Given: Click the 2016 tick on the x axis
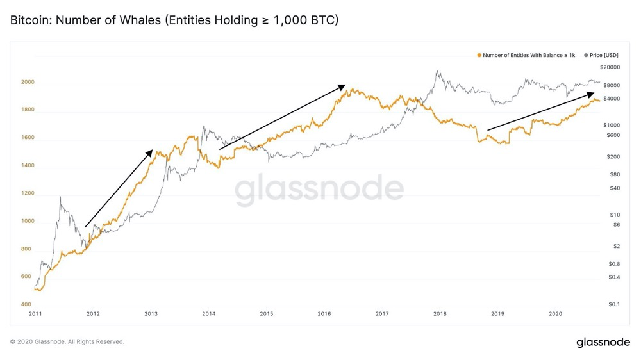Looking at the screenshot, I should click(x=324, y=313).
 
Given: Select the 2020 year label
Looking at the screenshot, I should click(x=556, y=313).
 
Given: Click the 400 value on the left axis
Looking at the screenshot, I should click(x=26, y=304).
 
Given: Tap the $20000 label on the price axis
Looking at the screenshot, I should click(x=610, y=67).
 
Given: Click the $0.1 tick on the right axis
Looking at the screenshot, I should click(x=614, y=304).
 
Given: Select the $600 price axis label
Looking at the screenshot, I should click(x=613, y=135).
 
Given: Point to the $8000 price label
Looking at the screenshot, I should click(x=612, y=85).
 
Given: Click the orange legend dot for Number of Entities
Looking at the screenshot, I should click(x=479, y=56).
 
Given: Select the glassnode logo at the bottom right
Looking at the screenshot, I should click(x=602, y=342).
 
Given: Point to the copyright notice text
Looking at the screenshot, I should click(x=67, y=342).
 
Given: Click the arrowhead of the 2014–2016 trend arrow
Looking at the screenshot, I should click(x=344, y=85).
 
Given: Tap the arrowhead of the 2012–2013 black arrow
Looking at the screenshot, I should click(x=151, y=151).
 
